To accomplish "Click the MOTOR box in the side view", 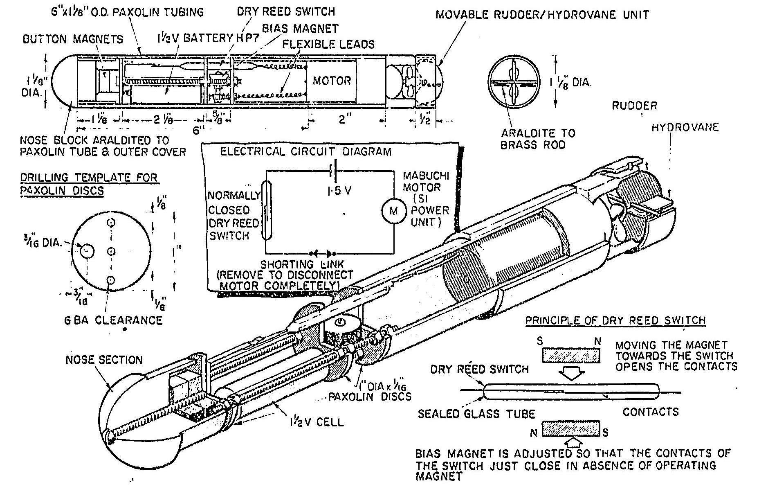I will coord(332,80).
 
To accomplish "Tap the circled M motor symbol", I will coord(393,210).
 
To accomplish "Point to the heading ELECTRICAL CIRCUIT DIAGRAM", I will coord(305,152).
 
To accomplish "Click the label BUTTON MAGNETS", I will coord(73,39).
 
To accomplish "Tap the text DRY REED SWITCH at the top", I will coord(286,11).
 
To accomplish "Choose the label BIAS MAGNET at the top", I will coord(300,29).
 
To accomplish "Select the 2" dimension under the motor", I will coord(343,120).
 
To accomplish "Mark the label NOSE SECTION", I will coord(104,360).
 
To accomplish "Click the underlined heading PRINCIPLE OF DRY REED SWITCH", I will coord(615,320).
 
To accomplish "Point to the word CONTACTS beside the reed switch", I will coord(650,412).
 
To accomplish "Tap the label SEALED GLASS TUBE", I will coord(476,414).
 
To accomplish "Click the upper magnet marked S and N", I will coord(571,355).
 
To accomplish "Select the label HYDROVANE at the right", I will coord(685,128).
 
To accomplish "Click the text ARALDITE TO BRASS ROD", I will coord(538,139).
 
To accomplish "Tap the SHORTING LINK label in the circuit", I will coord(302,264).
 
